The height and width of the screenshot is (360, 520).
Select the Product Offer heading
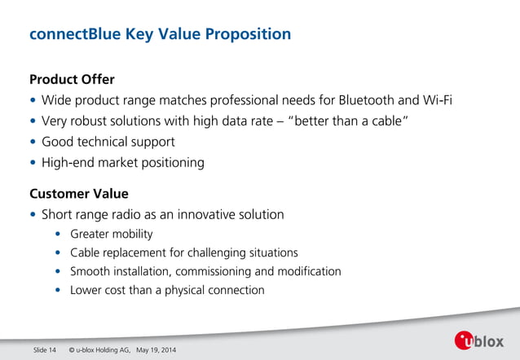click(72, 80)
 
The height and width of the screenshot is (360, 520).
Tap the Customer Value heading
click(78, 194)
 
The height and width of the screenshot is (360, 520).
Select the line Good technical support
click(108, 142)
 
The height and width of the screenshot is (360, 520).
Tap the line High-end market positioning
click(123, 162)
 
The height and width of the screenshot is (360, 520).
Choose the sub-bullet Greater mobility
click(111, 235)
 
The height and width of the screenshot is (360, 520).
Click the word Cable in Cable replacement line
click(85, 252)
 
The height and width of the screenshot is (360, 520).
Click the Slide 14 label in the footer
click(44, 350)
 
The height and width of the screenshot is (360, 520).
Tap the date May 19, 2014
click(156, 350)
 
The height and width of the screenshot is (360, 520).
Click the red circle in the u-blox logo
click(464, 341)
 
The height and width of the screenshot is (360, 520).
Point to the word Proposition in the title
click(247, 34)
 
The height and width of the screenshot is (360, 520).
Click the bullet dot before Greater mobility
click(58, 235)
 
